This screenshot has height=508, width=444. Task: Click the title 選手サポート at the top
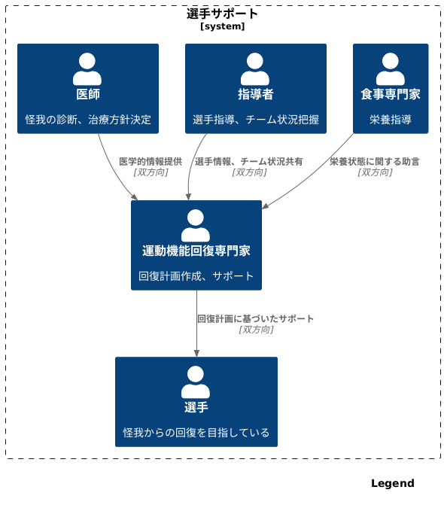(x=222, y=14)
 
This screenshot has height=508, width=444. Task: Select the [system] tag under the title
(x=222, y=26)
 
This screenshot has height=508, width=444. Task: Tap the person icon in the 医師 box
(x=87, y=68)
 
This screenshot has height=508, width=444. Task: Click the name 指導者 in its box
(x=255, y=94)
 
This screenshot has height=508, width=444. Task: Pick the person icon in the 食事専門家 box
(x=391, y=68)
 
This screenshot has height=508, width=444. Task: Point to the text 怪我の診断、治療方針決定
(x=88, y=119)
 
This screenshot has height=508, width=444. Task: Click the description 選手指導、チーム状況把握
(x=256, y=119)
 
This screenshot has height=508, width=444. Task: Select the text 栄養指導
(x=391, y=119)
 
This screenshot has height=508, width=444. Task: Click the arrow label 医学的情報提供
(x=151, y=161)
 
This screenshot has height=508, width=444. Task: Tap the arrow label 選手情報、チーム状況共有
(x=249, y=161)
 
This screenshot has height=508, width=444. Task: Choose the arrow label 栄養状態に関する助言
(x=375, y=161)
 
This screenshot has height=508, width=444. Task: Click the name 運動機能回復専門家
(x=196, y=251)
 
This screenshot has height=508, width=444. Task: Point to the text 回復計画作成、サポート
(x=196, y=275)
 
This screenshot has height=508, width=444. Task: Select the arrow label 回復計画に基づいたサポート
(x=256, y=318)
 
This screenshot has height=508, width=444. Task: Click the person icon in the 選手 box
(x=196, y=382)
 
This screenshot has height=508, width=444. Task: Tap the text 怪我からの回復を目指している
(x=196, y=432)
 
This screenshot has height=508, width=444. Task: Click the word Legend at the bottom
(x=392, y=483)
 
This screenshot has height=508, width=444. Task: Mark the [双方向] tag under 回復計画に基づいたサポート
(x=256, y=330)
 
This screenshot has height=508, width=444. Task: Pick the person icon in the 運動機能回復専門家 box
(x=196, y=225)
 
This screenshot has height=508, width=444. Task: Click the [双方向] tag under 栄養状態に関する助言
(x=375, y=172)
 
